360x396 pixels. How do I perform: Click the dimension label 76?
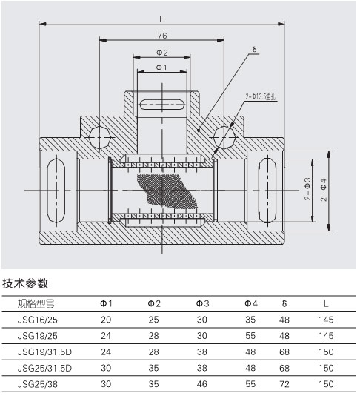pyautogui.click(x=162, y=36)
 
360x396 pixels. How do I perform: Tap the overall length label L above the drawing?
pyautogui.click(x=161, y=19)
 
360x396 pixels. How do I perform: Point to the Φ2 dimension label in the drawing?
pyautogui.click(x=162, y=53)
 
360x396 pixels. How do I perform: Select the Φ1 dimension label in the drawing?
pyautogui.click(x=161, y=67)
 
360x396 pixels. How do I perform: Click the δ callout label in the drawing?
pyautogui.click(x=254, y=49)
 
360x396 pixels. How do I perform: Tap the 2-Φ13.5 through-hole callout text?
pyautogui.click(x=261, y=96)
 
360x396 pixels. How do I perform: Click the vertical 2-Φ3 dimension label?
pyautogui.click(x=308, y=189)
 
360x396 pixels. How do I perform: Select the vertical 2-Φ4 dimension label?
pyautogui.click(x=324, y=190)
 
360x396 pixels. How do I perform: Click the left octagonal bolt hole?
pyautogui.click(x=99, y=138)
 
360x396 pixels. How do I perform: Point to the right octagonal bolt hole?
pyautogui.click(x=224, y=138)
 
